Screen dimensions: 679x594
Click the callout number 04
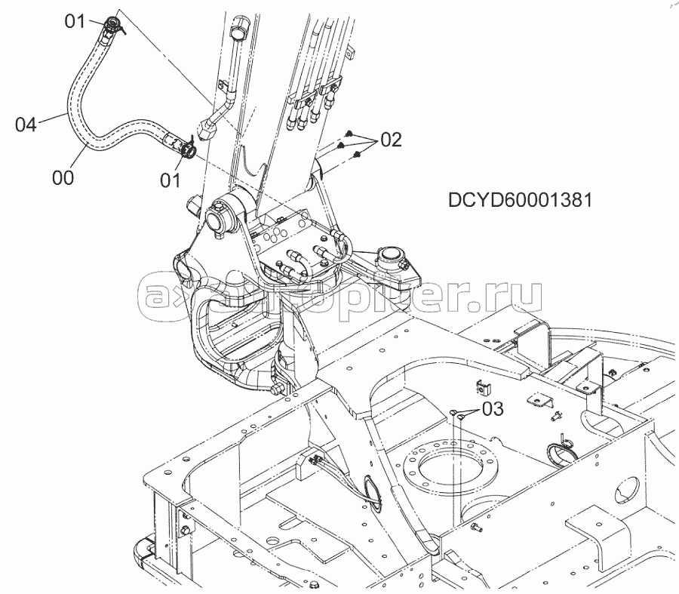click(26, 125)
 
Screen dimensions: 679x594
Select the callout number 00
click(63, 177)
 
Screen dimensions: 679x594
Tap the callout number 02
click(391, 140)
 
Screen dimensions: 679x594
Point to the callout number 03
click(493, 408)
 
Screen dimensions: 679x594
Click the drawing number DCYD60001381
click(520, 200)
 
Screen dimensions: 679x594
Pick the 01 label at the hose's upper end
click(75, 21)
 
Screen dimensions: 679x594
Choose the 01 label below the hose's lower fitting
click(171, 180)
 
